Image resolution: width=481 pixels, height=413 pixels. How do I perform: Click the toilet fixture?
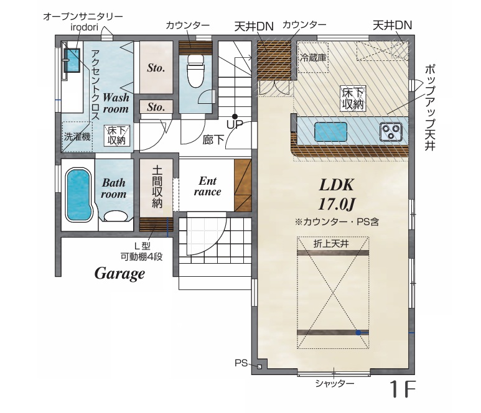coord(195,71)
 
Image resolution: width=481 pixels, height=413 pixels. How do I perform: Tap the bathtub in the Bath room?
coord(79,195)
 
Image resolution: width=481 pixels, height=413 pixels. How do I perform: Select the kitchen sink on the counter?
coord(330,132)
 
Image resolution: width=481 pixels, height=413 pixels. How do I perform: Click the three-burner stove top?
coord(391,131)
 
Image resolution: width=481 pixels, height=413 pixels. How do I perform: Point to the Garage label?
coord(119,274)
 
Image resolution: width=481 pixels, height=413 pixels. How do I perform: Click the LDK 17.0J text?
coord(337,195)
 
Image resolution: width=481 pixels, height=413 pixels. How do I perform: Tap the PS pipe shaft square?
coord(259,366)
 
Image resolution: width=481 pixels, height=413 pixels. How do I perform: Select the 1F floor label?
coord(403,389)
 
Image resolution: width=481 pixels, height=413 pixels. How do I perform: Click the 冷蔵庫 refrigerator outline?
coord(313,57)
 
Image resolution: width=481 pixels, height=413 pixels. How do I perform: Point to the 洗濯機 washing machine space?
coord(77,137)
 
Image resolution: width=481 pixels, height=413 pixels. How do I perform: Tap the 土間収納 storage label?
coord(157,187)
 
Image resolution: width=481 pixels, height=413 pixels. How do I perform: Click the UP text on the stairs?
coord(235,124)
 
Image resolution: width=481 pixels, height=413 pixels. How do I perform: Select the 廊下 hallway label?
coord(213,140)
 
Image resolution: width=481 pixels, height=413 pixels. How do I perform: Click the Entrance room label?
coord(207,186)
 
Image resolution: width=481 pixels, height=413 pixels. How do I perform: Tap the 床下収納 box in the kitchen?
coord(353,98)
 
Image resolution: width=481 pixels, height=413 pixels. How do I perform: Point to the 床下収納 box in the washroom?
coord(116,135)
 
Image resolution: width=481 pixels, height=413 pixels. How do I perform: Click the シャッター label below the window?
coord(335,383)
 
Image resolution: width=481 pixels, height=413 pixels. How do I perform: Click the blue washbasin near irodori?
coord(72,60)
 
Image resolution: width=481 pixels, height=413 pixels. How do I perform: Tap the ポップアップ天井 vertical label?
coord(430,108)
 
